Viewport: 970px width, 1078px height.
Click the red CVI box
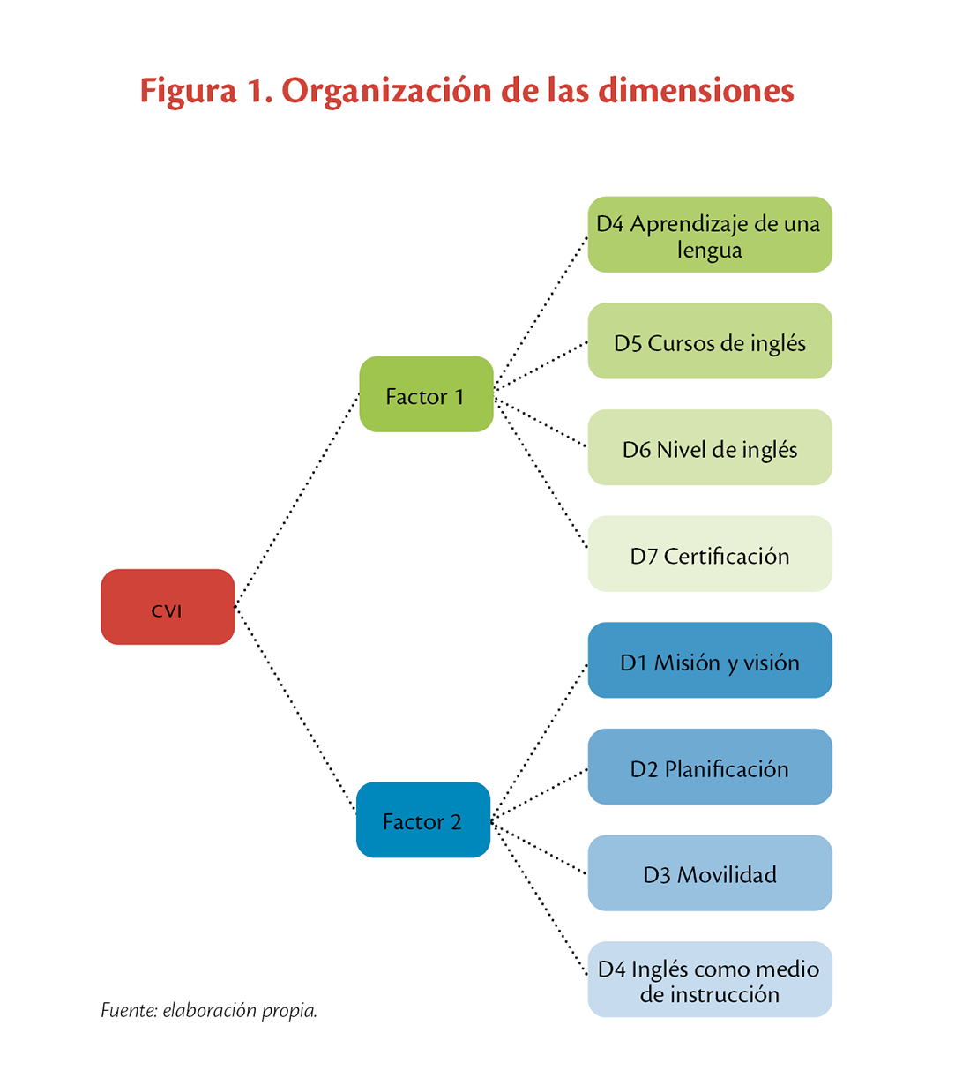168,607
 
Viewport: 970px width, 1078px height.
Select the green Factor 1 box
426,394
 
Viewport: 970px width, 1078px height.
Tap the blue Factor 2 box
423,820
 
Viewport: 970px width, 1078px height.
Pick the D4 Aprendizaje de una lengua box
710,235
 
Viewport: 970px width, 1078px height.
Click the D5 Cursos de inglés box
710,341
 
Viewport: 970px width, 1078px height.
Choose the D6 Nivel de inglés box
710,447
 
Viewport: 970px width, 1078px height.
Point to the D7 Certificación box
710,553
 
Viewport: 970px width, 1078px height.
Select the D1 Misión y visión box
710,660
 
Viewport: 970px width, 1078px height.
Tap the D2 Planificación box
710,767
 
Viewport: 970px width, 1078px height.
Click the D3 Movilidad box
710,872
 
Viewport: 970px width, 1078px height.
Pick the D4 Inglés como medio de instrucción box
710,979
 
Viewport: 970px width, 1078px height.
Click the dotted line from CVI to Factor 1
297,500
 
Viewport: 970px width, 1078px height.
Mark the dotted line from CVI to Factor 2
295,709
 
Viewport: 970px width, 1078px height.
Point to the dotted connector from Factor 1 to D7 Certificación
541,473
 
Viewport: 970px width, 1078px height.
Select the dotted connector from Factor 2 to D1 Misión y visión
539,743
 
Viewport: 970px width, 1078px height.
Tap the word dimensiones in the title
696,90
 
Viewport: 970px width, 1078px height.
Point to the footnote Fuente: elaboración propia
209,1010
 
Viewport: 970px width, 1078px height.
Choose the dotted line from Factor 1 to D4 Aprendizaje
541,313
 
